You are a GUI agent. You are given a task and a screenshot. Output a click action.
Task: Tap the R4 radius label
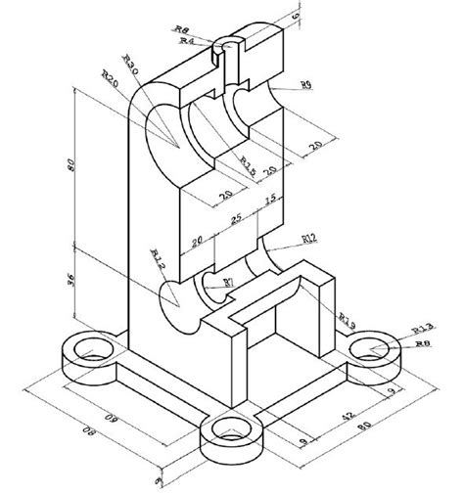click(187, 41)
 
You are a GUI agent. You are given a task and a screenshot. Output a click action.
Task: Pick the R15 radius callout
click(246, 167)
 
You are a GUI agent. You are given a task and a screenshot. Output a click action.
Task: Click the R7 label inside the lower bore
click(228, 283)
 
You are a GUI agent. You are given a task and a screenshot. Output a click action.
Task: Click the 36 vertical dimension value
click(68, 281)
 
